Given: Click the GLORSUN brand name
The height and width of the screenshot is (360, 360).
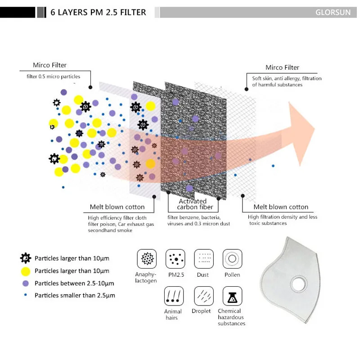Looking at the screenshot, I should pyautogui.click(x=333, y=12).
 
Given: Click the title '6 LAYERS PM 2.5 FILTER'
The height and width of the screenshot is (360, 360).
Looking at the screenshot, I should pyautogui.click(x=98, y=12).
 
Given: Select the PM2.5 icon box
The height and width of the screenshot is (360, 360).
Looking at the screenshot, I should pyautogui.click(x=175, y=259).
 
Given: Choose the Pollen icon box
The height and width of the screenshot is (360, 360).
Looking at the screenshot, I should pyautogui.click(x=232, y=259).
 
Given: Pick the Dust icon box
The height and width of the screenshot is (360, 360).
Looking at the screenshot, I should pyautogui.click(x=204, y=259).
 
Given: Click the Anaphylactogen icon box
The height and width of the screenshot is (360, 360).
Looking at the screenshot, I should pyautogui.click(x=147, y=259).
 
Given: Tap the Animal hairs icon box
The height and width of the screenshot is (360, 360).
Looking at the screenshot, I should pyautogui.click(x=174, y=296).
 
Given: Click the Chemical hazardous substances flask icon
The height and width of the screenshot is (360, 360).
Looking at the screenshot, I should pyautogui.click(x=232, y=296).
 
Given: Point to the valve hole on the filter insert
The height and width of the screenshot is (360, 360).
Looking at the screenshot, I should pyautogui.click(x=297, y=284).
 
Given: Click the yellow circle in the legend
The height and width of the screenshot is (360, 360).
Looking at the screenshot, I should pyautogui.click(x=26, y=271).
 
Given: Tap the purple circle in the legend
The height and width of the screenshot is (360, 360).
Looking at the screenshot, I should pyautogui.click(x=26, y=283).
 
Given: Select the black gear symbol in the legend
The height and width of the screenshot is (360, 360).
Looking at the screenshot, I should pyautogui.click(x=26, y=258).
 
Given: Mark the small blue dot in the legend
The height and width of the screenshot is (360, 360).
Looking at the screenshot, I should pyautogui.click(x=26, y=295).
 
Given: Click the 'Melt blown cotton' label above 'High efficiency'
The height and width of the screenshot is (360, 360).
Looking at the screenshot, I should pyautogui.click(x=117, y=207).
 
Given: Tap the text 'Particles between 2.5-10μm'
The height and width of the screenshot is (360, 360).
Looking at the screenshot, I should pyautogui.click(x=74, y=283).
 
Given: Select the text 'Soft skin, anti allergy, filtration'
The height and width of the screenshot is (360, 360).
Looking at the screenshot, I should pyautogui.click(x=287, y=78).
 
